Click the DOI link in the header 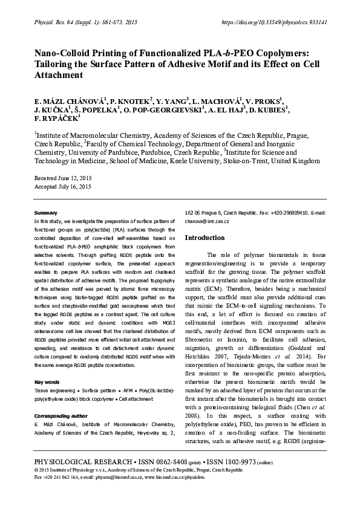[275, 22]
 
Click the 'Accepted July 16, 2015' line [63, 187]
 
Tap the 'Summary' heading [46, 213]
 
